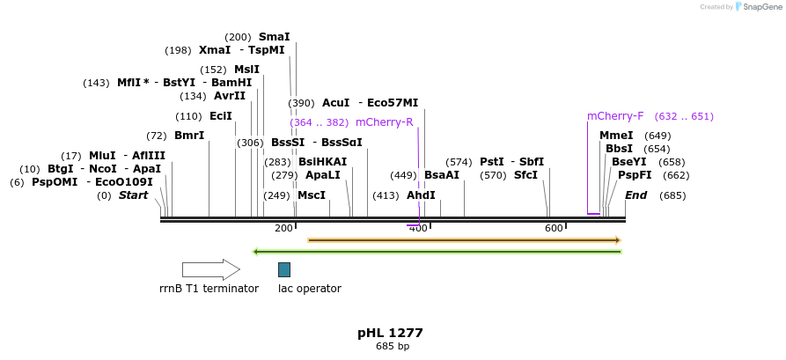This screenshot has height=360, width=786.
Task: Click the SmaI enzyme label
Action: tap(274, 37)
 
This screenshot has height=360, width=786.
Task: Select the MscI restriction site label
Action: tap(311, 195)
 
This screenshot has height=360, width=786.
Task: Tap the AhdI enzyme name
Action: tap(421, 195)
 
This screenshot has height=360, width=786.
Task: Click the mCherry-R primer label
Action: tap(384, 122)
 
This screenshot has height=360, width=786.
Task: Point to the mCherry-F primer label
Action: tap(615, 116)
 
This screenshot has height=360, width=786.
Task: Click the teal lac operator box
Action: tap(284, 269)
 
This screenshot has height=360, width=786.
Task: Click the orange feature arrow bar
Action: tap(464, 239)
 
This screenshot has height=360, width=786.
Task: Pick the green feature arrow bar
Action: tap(437, 252)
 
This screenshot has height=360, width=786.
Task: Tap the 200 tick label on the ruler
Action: tap(283, 229)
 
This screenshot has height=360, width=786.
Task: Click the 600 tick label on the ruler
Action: tap(554, 229)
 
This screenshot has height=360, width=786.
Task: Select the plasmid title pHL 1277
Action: tap(390, 333)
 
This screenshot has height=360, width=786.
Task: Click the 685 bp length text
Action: tap(392, 347)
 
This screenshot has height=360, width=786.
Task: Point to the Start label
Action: tap(134, 195)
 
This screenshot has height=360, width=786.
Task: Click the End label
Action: tap(635, 195)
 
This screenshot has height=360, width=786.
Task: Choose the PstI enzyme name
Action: tap(491, 162)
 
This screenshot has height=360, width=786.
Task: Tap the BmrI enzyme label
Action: tap(189, 136)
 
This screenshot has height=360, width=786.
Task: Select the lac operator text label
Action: tap(309, 289)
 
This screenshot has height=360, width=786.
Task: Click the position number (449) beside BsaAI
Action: tap(404, 175)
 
